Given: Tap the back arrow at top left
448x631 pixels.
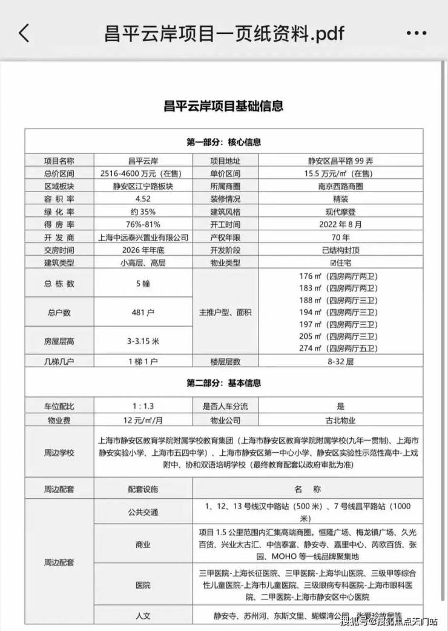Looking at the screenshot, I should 24,32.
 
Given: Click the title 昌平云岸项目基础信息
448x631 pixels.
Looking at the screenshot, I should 223,106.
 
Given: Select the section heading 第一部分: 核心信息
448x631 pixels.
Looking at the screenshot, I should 223,142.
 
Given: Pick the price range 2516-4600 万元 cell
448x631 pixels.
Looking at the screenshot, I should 143,173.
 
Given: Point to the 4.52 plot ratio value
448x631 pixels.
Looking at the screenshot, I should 143,199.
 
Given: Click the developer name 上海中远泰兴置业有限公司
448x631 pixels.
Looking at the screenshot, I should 143,237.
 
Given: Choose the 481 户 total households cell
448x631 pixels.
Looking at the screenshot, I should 143,312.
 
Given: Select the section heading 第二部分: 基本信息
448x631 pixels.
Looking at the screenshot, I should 223,383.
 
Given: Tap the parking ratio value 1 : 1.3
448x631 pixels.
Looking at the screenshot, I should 143,407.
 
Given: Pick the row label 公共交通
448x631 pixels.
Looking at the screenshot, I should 143,512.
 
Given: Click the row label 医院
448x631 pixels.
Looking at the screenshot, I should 143,585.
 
